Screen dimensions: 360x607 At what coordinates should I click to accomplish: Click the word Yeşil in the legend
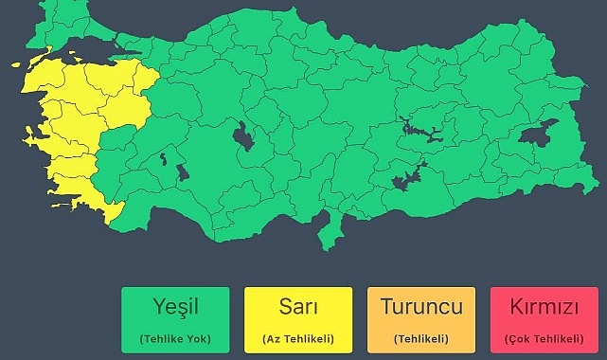(x=175, y=307)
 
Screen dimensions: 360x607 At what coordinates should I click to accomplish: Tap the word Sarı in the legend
(x=298, y=307)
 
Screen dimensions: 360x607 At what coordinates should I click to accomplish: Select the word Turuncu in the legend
(x=421, y=307)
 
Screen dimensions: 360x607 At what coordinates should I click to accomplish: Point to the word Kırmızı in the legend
(x=544, y=307)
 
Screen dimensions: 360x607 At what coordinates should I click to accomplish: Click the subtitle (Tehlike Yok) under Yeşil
(x=175, y=338)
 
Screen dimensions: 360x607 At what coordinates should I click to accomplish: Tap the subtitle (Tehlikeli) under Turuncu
(x=421, y=338)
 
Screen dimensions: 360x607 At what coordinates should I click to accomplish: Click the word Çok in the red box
(x=519, y=338)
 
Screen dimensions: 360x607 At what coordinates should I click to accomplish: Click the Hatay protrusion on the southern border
(x=330, y=232)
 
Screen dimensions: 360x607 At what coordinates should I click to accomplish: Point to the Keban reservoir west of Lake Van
(x=422, y=128)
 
